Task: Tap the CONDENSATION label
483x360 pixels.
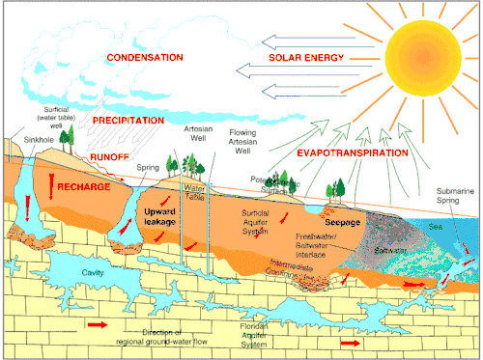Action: pyautogui.click(x=145, y=58)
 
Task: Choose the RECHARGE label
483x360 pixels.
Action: pyautogui.click(x=83, y=185)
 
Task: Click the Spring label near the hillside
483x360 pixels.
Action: pyautogui.click(x=149, y=168)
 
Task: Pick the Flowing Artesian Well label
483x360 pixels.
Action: pyautogui.click(x=247, y=141)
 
